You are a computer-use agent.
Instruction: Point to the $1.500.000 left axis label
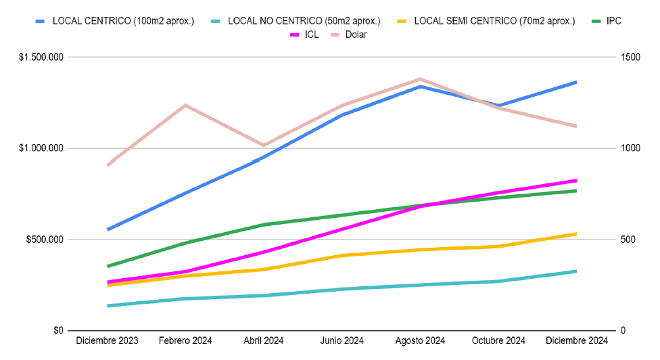(42, 58)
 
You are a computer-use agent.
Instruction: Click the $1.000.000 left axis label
(42, 148)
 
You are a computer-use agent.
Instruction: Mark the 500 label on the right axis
(627, 240)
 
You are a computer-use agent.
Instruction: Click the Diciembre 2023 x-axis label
(108, 340)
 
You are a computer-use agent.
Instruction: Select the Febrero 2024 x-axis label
(185, 340)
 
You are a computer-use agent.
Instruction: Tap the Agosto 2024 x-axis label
(420, 340)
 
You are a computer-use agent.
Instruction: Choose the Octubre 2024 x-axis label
(498, 340)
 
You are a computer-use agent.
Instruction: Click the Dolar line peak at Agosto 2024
(420, 79)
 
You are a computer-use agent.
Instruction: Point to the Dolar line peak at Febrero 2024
(185, 105)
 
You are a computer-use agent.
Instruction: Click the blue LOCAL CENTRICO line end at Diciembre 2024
(575, 83)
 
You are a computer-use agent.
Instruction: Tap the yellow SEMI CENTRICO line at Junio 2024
(342, 255)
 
